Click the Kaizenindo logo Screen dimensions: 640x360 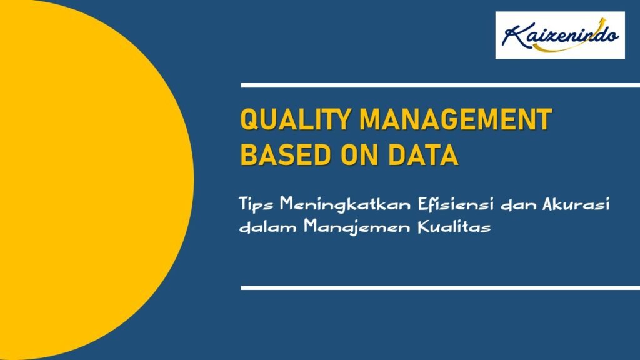(x=560, y=35)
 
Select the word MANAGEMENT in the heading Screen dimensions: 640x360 (x=456, y=119)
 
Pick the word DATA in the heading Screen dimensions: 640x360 (x=423, y=155)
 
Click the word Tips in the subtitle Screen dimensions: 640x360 (x=256, y=204)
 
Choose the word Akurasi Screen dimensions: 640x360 (x=576, y=204)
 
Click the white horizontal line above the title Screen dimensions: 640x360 (x=441, y=85)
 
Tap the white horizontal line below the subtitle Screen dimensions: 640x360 (x=441, y=288)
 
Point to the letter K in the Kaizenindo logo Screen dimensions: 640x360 (x=512, y=36)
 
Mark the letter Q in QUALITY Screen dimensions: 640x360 (x=249, y=119)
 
